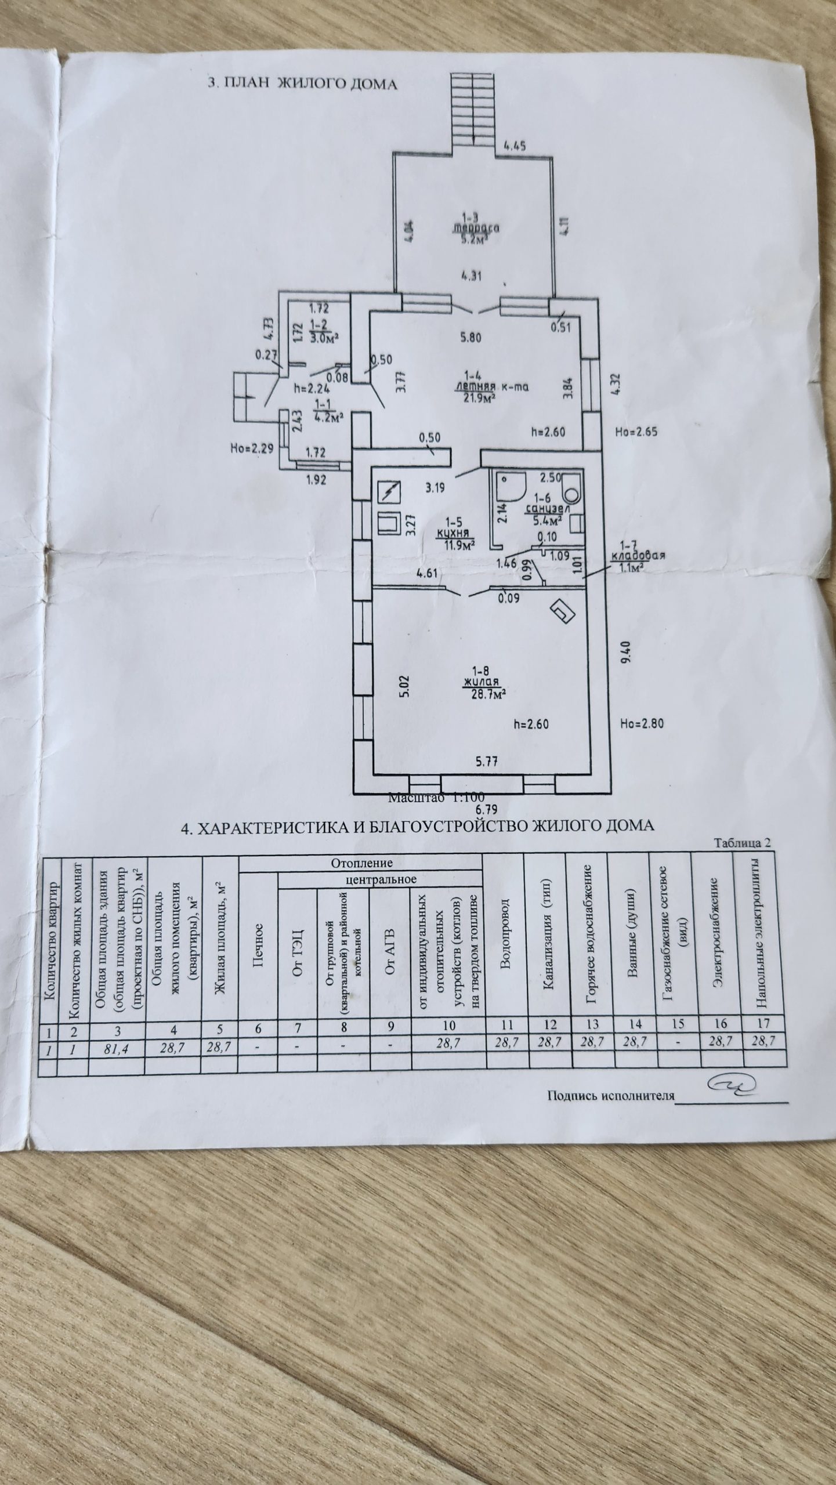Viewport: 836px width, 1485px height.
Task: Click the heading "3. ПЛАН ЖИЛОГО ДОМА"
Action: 302,84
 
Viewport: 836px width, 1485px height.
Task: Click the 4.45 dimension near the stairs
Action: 514,146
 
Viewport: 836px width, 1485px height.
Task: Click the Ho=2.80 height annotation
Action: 640,723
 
